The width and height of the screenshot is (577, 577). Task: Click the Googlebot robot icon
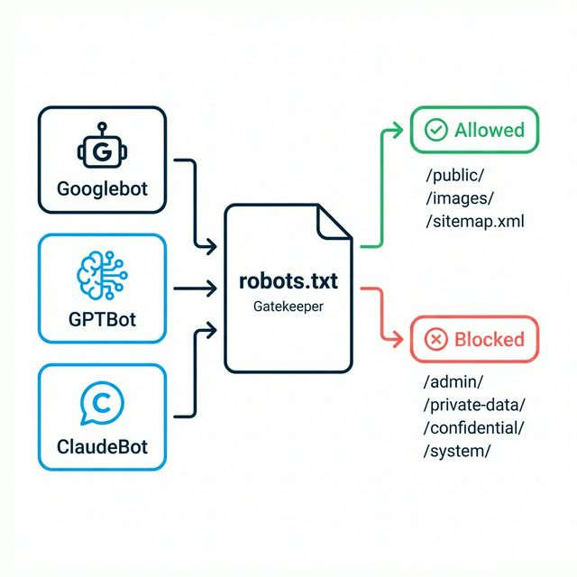tap(102, 151)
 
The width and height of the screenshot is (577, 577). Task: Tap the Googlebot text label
tap(102, 190)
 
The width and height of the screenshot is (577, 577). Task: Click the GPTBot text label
tap(102, 318)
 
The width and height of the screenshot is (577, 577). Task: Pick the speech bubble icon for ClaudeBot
tap(102, 405)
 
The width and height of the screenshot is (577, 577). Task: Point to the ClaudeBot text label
tap(102, 446)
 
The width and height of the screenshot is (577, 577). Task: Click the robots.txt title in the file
tap(288, 281)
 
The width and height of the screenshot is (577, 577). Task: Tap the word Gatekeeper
tap(288, 307)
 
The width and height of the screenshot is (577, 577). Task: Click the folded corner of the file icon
tap(336, 222)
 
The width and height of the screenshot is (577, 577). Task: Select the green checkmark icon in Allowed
tap(436, 130)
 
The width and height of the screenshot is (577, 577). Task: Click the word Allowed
tap(489, 130)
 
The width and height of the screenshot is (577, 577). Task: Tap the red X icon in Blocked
tap(436, 339)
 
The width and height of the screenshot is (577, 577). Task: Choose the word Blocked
tap(489, 339)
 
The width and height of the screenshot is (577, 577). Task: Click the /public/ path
tap(454, 175)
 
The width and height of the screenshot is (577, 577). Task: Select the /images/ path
tap(459, 198)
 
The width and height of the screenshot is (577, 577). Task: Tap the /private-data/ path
tap(474, 405)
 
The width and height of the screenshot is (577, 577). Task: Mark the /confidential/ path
tap(474, 427)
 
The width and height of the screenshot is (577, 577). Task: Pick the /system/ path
tap(457, 451)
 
